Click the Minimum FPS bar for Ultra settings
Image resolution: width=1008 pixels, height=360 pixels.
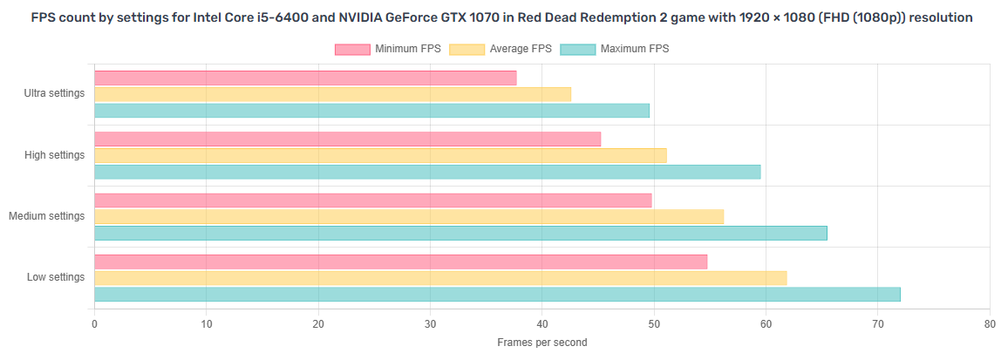tap(305, 78)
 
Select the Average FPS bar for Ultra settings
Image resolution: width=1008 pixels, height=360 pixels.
tap(332, 94)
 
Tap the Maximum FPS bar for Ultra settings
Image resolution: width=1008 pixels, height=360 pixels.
tap(371, 111)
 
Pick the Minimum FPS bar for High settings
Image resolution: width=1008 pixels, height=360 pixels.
tap(347, 139)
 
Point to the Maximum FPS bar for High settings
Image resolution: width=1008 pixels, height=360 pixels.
tap(427, 172)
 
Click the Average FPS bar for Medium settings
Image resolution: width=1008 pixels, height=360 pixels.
tap(409, 216)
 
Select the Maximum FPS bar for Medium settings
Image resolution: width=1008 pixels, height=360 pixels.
tap(460, 233)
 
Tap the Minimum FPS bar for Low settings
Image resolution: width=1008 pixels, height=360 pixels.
tap(400, 262)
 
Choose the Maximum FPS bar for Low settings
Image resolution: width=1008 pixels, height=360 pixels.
tap(497, 295)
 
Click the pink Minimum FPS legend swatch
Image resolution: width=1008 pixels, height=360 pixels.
tap(352, 49)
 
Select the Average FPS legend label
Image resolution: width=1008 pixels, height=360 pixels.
tap(521, 49)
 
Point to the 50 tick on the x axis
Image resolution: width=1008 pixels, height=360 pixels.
tap(654, 324)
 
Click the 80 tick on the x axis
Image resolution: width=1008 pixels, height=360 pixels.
tap(989, 324)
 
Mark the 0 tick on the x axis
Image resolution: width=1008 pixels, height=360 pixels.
tap(94, 324)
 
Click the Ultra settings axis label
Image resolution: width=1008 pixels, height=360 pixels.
tap(55, 93)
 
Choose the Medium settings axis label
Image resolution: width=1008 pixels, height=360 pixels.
tap(47, 215)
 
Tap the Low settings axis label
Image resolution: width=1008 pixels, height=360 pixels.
tap(56, 277)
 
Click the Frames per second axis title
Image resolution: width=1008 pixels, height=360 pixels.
tap(541, 343)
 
